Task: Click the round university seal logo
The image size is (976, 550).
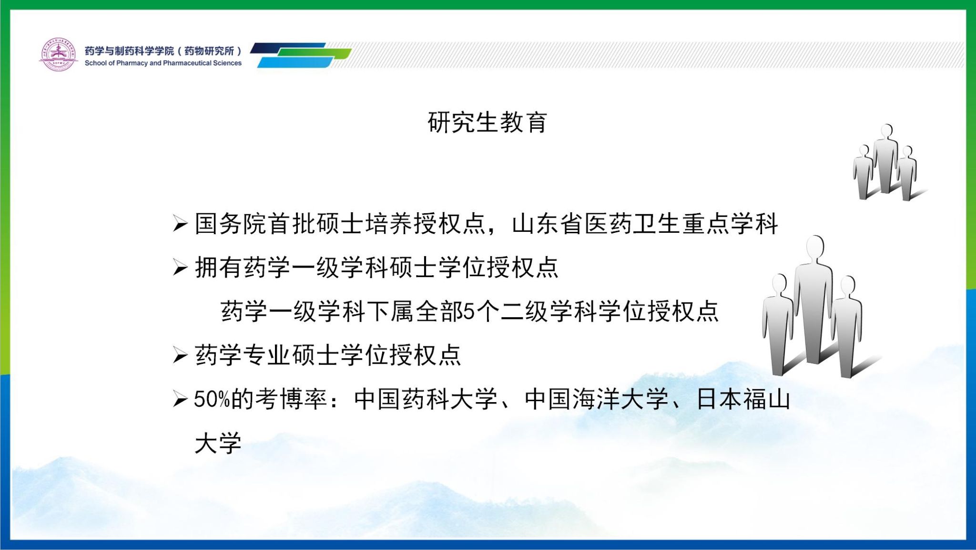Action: [58, 54]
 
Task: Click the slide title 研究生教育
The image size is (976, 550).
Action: [488, 122]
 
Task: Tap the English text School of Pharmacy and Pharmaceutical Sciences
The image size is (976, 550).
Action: [163, 63]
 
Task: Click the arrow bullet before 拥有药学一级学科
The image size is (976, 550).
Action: [180, 268]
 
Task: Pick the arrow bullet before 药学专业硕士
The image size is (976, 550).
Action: [180, 355]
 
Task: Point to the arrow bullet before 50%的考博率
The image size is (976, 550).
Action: [180, 399]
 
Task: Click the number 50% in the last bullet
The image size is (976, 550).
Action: [212, 400]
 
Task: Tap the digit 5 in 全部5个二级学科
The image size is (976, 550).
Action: [469, 311]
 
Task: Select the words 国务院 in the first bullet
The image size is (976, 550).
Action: [231, 224]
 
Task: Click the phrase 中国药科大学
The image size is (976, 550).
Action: [426, 399]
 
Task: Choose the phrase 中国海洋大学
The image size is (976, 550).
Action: [596, 399]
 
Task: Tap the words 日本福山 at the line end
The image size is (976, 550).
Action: [743, 399]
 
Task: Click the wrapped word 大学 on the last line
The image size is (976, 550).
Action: [218, 443]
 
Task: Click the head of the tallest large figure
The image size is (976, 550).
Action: [815, 249]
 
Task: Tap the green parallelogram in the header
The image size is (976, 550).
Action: [315, 53]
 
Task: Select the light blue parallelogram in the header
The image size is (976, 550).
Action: [295, 62]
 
